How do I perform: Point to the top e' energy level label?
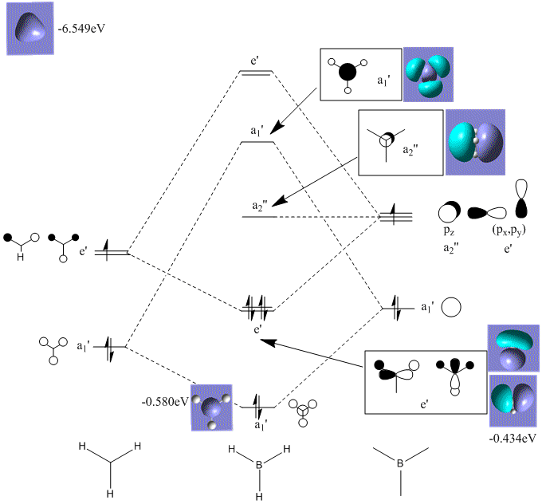(x=256, y=59)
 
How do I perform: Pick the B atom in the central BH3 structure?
(x=259, y=461)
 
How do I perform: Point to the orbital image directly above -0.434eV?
(x=512, y=402)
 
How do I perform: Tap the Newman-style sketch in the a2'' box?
(x=385, y=138)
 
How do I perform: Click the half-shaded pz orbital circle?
(x=449, y=212)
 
